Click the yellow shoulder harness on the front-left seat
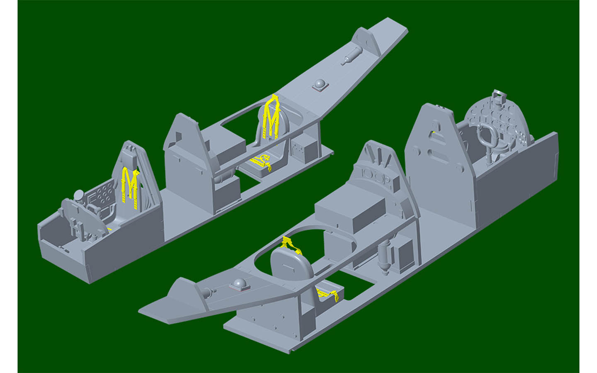(x=129, y=183)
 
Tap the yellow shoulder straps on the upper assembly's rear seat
(x=272, y=116)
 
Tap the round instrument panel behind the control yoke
(x=498, y=120)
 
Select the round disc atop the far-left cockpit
(x=79, y=194)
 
